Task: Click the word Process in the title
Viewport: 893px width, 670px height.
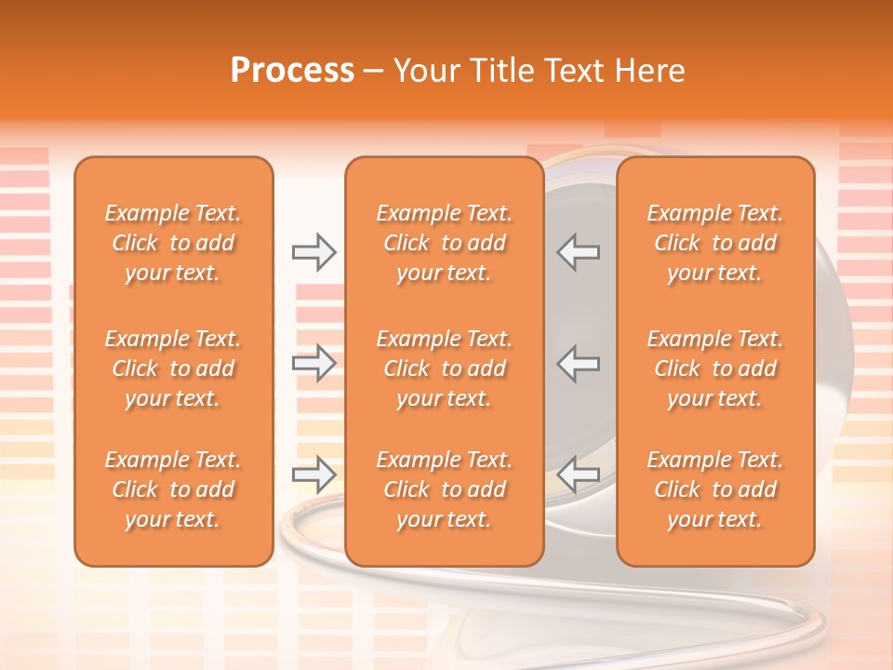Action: [292, 71]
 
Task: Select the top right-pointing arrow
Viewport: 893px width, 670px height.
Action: [313, 252]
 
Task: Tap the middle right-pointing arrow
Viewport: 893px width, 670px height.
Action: [313, 363]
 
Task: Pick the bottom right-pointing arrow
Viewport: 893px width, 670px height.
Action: [313, 476]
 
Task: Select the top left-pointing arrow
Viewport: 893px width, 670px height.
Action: [579, 252]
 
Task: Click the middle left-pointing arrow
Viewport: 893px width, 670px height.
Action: [579, 363]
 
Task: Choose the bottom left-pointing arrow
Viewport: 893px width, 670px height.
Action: [579, 476]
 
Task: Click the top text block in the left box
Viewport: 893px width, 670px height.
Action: [173, 243]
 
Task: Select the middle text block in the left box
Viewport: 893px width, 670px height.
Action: [173, 368]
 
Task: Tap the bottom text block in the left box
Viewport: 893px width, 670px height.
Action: [173, 489]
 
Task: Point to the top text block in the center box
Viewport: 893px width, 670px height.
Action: [444, 243]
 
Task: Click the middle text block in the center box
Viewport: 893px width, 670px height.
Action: [444, 368]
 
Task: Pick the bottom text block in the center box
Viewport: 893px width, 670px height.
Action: [444, 489]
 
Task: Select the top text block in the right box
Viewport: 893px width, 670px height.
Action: [715, 243]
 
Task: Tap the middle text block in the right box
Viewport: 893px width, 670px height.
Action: [715, 368]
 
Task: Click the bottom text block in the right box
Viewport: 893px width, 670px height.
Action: [715, 489]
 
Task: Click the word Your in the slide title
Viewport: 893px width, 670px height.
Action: [425, 71]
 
